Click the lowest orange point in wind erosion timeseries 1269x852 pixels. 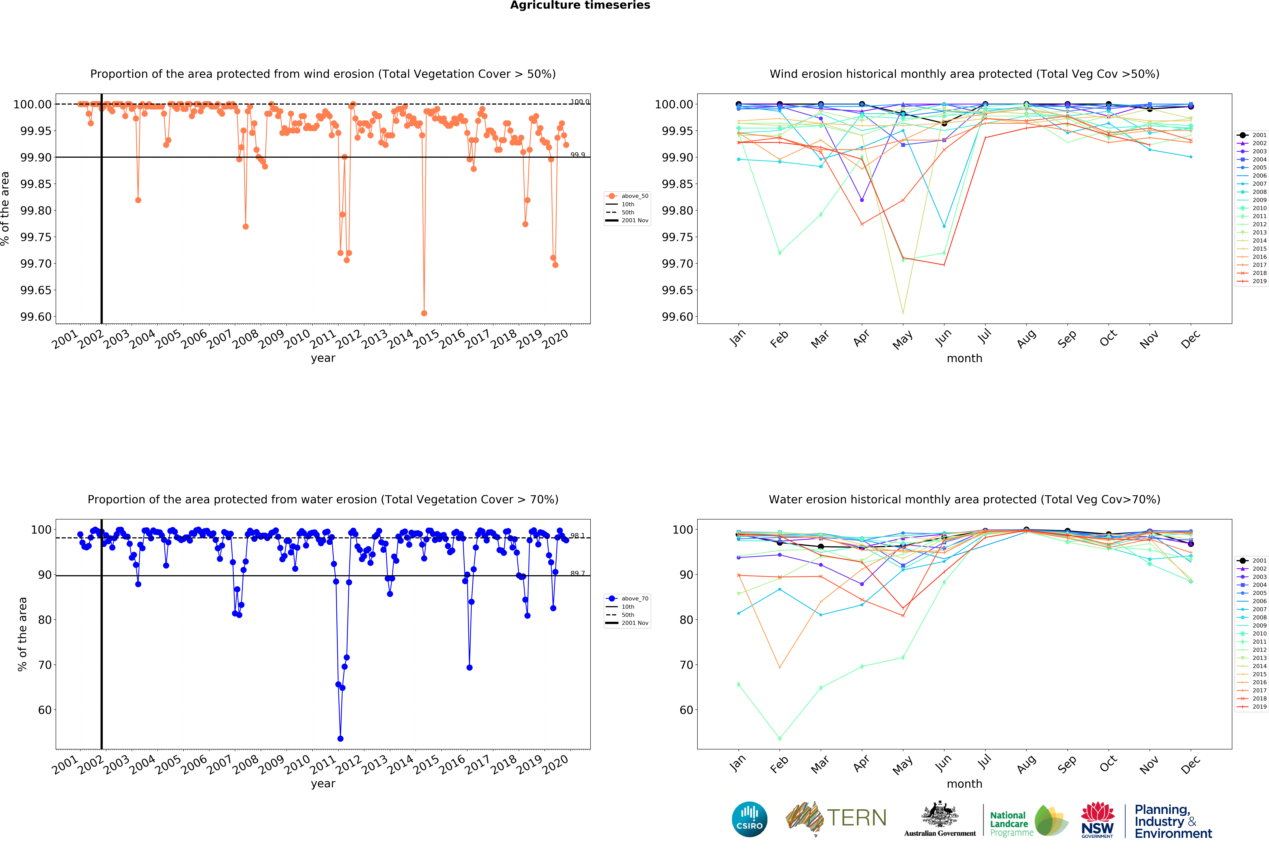click(x=424, y=313)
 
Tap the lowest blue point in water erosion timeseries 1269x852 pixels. click(x=340, y=738)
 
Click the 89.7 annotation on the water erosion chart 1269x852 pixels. click(x=577, y=573)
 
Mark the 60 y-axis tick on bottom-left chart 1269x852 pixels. click(x=45, y=710)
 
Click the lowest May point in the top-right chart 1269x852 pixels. click(x=903, y=312)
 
